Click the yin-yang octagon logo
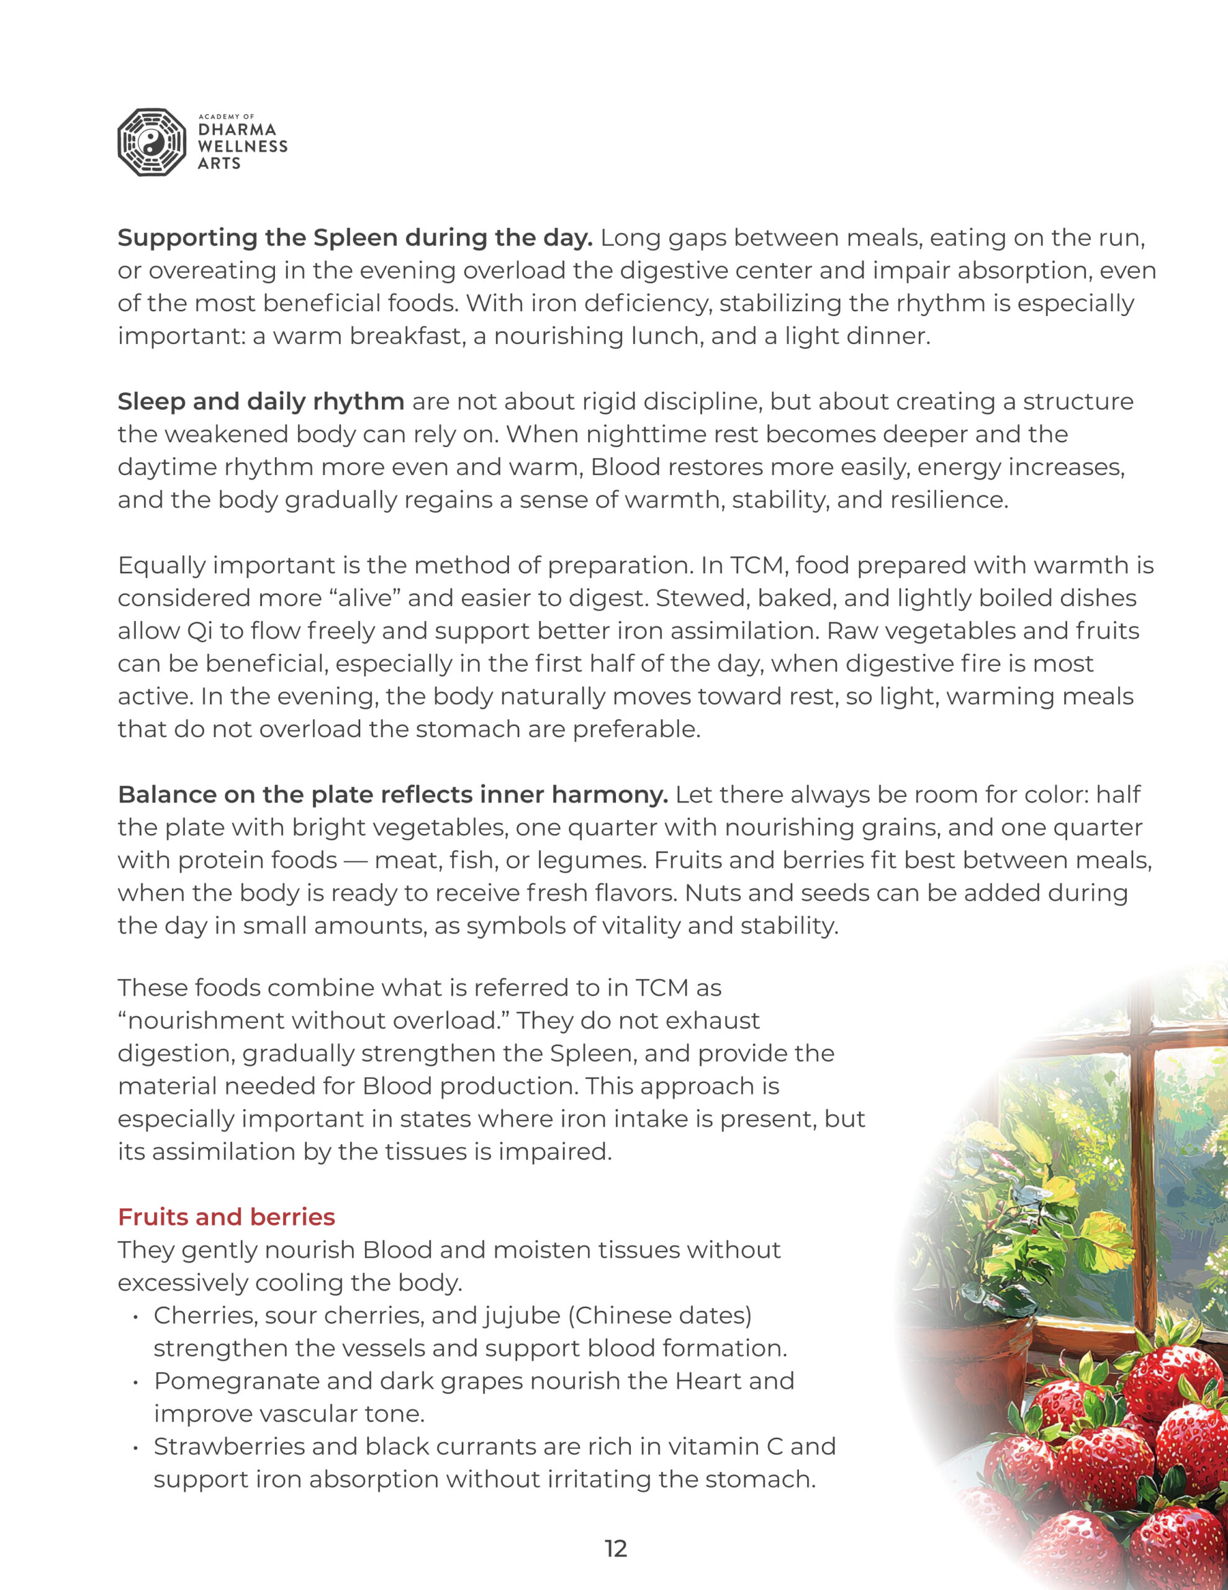[x=151, y=143]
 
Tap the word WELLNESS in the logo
[x=242, y=147]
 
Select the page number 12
[x=616, y=1548]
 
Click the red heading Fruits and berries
[x=227, y=1217]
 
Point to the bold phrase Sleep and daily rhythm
[x=261, y=401]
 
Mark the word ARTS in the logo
[x=219, y=163]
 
